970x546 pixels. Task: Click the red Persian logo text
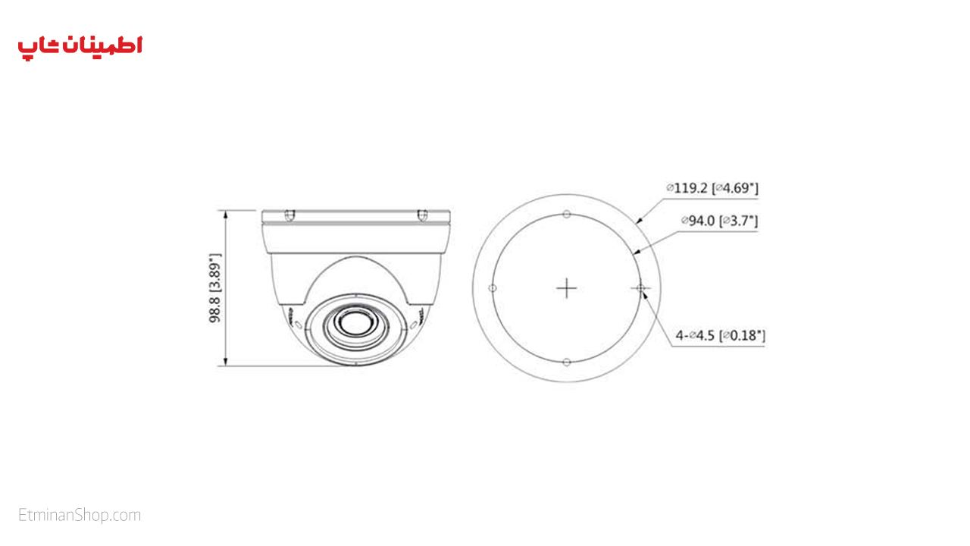point(80,48)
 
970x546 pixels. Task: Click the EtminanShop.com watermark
point(80,515)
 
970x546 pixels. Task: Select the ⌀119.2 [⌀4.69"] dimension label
point(712,188)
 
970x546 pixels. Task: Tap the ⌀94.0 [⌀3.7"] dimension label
point(719,221)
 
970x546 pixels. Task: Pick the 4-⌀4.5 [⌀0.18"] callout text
point(721,335)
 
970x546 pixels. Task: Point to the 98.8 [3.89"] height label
point(214,288)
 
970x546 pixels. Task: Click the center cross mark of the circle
point(566,288)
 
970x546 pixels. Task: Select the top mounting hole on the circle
point(566,214)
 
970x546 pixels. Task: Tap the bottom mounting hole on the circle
point(566,362)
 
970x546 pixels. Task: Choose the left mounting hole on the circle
point(493,288)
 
